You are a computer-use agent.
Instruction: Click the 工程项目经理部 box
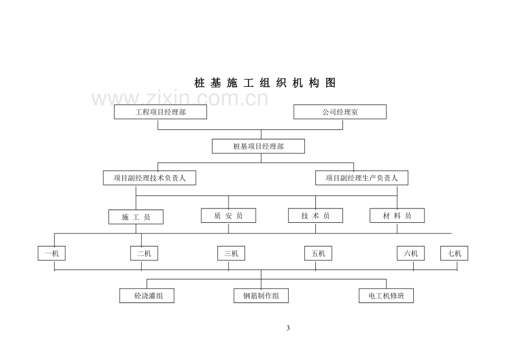coord(160,112)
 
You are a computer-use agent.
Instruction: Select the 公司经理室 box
coord(340,112)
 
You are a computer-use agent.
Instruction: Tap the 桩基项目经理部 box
coord(258,147)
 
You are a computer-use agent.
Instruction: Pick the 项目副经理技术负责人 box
coord(149,178)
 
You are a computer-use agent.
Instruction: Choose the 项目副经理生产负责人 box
coord(362,178)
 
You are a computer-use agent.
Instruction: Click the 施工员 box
coord(136,217)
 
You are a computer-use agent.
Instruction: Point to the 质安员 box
coord(228,216)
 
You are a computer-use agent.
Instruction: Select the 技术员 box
coord(315,216)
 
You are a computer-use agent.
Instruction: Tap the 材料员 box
coord(397,216)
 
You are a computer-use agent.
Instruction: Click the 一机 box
coord(51,253)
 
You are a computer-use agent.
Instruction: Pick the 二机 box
coord(144,253)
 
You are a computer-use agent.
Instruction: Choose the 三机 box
coord(231,253)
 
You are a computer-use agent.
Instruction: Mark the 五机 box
coord(318,253)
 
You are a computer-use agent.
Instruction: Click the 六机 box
coord(411,253)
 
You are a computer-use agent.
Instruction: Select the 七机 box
coord(454,253)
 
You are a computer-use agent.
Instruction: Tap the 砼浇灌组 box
coord(147,295)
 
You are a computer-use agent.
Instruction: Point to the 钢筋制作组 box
coord(261,295)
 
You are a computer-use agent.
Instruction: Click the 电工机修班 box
coord(386,295)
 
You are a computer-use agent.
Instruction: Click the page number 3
coord(288,328)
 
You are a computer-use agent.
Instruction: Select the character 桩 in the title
coord(199,83)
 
